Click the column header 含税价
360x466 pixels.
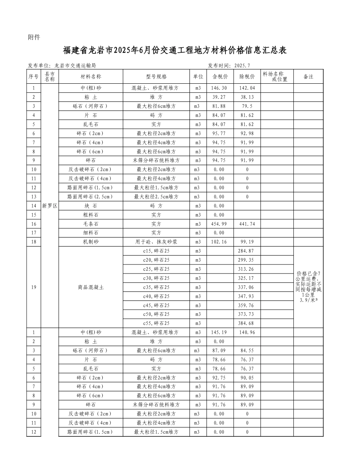pos(220,77)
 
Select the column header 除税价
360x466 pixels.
pos(247,77)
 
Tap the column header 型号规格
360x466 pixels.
pos(156,77)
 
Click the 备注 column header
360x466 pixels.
pos(308,77)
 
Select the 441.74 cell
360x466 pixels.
pos(247,224)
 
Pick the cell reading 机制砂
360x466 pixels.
pos(91,242)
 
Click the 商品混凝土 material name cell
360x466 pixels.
pos(91,287)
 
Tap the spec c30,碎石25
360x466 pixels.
pos(156,278)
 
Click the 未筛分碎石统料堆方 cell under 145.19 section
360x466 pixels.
pos(156,405)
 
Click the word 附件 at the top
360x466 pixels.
pos(34,37)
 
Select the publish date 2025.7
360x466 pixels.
pos(242,66)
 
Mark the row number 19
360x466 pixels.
pos(34,287)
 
